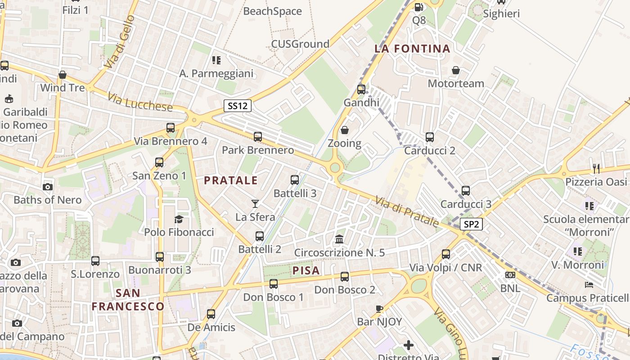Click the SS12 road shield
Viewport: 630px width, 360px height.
[x=238, y=106]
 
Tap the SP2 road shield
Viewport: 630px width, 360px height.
[x=471, y=224]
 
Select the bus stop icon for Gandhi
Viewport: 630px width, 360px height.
[x=361, y=90]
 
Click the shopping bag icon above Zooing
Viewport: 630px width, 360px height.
[x=345, y=130]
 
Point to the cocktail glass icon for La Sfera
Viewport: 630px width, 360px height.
[x=255, y=203]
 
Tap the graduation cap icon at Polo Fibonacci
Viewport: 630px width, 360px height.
[x=179, y=219]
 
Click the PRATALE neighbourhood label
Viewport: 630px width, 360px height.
[x=231, y=180]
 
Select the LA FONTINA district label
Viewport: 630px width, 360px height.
[x=412, y=49]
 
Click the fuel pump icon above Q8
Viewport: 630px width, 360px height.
[x=418, y=7]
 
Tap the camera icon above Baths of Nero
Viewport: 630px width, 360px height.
[x=47, y=187]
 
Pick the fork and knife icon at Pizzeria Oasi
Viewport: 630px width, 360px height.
[x=596, y=169]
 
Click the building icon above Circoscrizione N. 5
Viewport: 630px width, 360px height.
[x=339, y=239]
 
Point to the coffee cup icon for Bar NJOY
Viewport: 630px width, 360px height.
[x=379, y=309]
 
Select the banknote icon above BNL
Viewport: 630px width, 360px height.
[x=510, y=274]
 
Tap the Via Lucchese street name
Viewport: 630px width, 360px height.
[x=140, y=102]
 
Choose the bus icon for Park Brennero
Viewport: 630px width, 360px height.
[x=258, y=137]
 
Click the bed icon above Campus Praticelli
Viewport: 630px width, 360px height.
[x=589, y=284]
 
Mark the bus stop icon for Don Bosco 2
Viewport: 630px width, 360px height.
[x=345, y=277]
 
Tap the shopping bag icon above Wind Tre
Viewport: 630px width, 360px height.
[x=63, y=75]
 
